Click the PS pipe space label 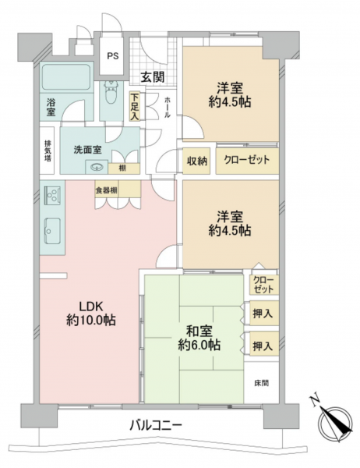(x=112, y=56)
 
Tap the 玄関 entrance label (x=153, y=77)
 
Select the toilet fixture (x=111, y=93)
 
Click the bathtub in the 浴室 (x=66, y=76)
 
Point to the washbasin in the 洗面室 (x=97, y=167)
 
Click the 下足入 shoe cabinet (x=135, y=107)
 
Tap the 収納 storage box (x=196, y=161)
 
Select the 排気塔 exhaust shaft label (x=48, y=151)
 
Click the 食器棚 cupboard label (x=106, y=190)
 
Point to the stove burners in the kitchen (x=52, y=196)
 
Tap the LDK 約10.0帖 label (x=90, y=314)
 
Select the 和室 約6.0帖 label (x=199, y=338)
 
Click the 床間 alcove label (x=261, y=383)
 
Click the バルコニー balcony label (x=155, y=425)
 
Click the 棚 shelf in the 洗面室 (x=124, y=168)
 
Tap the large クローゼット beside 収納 (x=247, y=161)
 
